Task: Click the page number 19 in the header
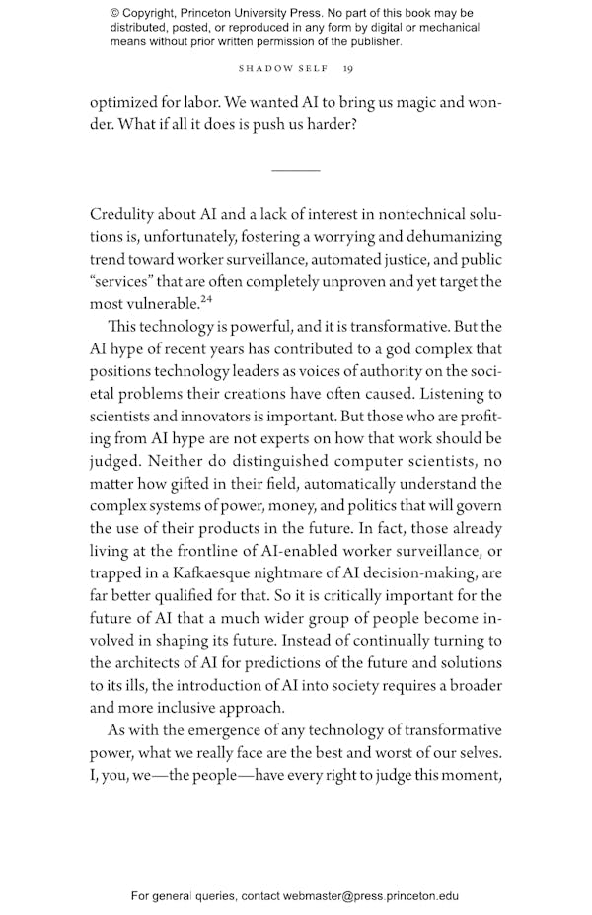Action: (x=347, y=69)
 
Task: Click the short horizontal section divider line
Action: (x=295, y=170)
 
